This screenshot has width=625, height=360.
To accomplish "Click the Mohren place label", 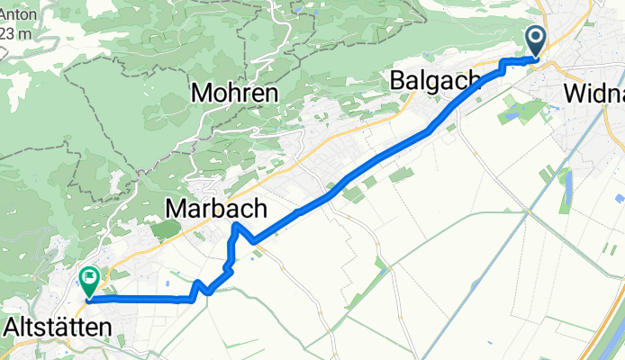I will [233, 92].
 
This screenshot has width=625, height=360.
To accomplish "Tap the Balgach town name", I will [435, 81].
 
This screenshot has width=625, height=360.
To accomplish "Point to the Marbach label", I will [216, 209].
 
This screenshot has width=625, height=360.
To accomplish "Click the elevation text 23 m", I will [14, 32].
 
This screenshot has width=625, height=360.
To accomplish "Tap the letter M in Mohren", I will [201, 92].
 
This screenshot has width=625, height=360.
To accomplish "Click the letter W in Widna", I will [574, 93].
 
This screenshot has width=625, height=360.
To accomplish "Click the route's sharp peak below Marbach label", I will [236, 224].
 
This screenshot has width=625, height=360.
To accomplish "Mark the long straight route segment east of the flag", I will [135, 300].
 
